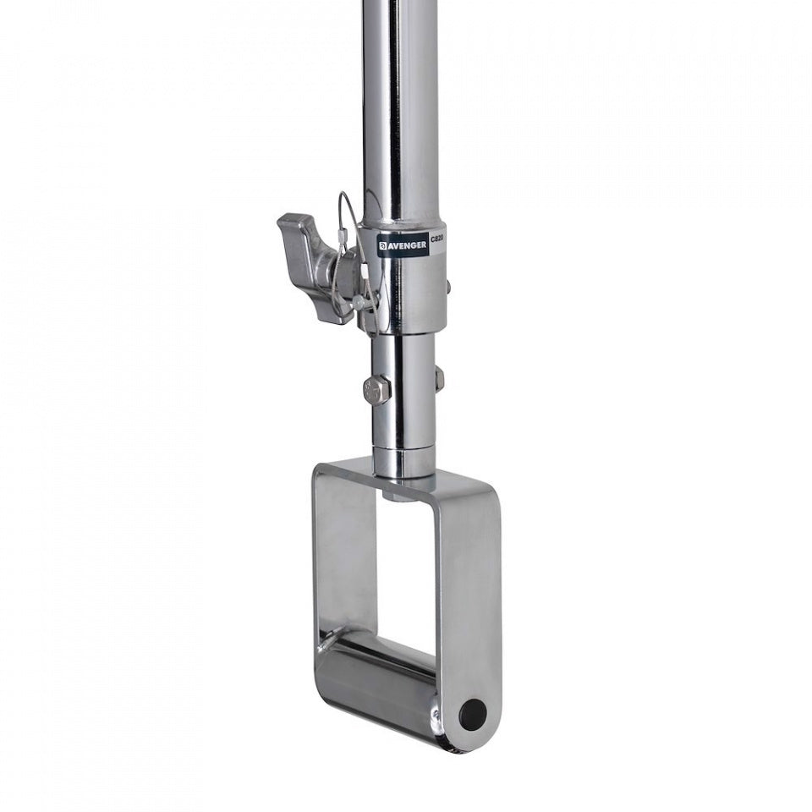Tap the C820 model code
pyautogui.click(x=437, y=240)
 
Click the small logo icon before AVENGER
pyautogui.click(x=382, y=246)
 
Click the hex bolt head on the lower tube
pyautogui.click(x=376, y=389)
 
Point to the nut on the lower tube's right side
pyautogui.click(x=439, y=378)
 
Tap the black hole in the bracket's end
pyautogui.click(x=472, y=716)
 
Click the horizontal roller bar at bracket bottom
pyautogui.click(x=381, y=677)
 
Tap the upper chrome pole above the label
pyautogui.click(x=401, y=101)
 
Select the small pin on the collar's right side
pyautogui.click(x=448, y=288)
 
